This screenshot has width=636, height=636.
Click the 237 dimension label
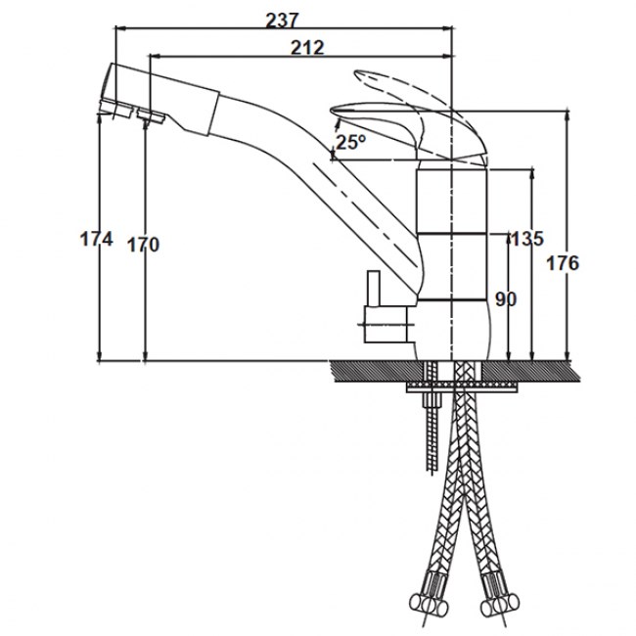282,21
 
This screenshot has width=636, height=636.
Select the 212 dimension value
308,48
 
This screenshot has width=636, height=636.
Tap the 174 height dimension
96,239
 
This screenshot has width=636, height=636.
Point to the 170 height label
144,245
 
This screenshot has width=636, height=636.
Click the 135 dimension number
526,239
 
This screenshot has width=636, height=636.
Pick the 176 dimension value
563,263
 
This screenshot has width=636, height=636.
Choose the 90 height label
506,299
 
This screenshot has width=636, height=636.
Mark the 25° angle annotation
351,142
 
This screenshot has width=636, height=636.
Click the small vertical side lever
373,289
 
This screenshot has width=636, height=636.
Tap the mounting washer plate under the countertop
463,386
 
